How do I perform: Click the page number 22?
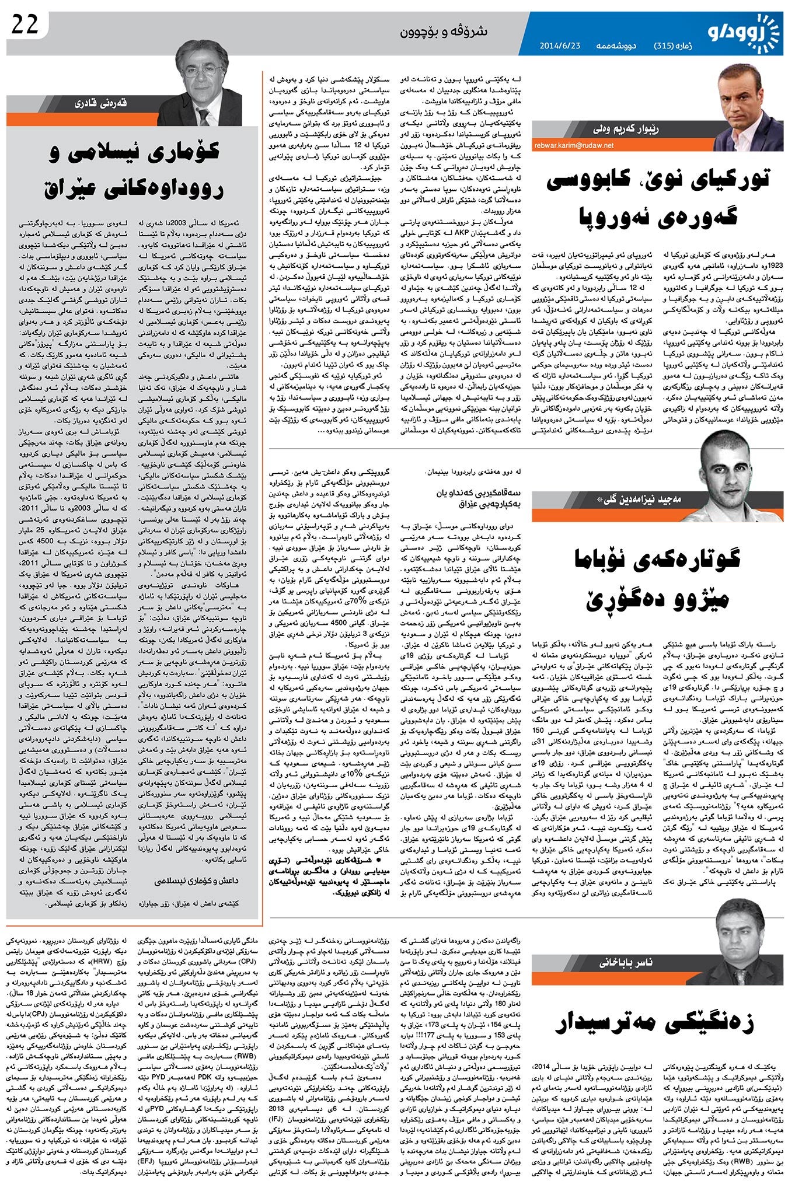(x=25, y=25)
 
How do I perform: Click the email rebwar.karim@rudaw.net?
(x=573, y=145)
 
